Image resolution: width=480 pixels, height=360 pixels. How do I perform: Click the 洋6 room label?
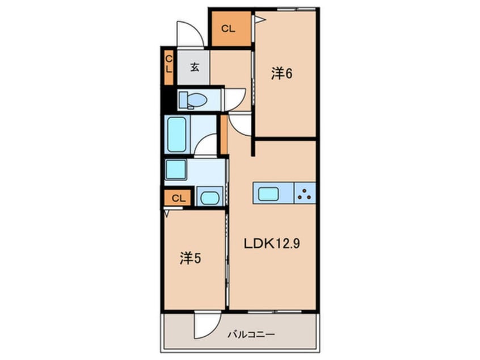(281, 74)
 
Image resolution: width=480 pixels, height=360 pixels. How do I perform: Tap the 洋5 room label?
(190, 258)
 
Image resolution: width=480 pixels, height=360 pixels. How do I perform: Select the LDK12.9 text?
(272, 244)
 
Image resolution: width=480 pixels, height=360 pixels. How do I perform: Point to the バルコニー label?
(251, 334)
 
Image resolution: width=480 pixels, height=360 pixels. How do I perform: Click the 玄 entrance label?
(195, 67)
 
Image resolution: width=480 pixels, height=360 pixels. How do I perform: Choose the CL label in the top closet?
(228, 29)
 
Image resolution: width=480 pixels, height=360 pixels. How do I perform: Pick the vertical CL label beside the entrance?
(169, 64)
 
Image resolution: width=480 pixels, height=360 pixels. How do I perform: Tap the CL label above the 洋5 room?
(179, 198)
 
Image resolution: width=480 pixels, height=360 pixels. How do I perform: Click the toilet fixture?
(193, 100)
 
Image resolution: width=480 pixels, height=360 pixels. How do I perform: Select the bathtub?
(177, 134)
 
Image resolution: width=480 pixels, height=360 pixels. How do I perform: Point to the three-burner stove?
(305, 193)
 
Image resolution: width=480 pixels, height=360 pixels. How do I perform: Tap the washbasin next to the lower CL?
(209, 197)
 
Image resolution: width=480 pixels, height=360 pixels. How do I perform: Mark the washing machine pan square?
(176, 169)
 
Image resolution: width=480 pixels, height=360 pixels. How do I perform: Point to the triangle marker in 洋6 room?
(260, 20)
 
